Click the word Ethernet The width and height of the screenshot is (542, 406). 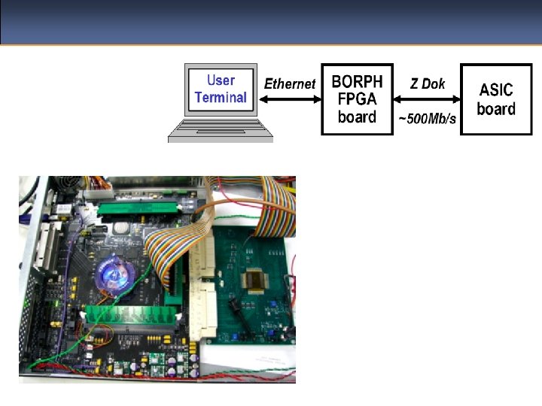pyautogui.click(x=290, y=83)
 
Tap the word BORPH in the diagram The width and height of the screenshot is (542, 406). pyautogui.click(x=357, y=80)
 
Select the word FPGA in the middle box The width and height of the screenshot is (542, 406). pyautogui.click(x=357, y=98)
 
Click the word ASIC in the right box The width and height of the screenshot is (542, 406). pyautogui.click(x=496, y=89)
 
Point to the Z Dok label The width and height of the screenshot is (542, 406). pyautogui.click(x=427, y=83)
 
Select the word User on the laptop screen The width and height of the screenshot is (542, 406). pyautogui.click(x=221, y=80)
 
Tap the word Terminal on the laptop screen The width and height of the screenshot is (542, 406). pyautogui.click(x=221, y=98)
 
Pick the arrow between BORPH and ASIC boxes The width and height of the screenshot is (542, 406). pyautogui.click(x=427, y=100)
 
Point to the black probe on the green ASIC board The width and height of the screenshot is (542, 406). pyautogui.click(x=233, y=308)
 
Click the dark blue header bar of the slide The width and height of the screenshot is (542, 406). pyautogui.click(x=271, y=21)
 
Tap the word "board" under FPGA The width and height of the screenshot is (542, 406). pyautogui.click(x=357, y=117)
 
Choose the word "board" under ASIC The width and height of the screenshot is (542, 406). pyautogui.click(x=496, y=108)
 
